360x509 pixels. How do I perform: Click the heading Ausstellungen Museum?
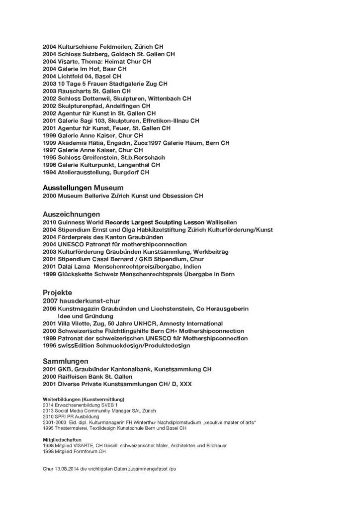(83, 188)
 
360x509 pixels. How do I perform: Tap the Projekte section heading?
(57, 292)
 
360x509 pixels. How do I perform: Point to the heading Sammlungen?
(66, 360)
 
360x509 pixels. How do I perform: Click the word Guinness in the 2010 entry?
(73, 222)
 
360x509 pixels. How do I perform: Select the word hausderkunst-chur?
(88, 301)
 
